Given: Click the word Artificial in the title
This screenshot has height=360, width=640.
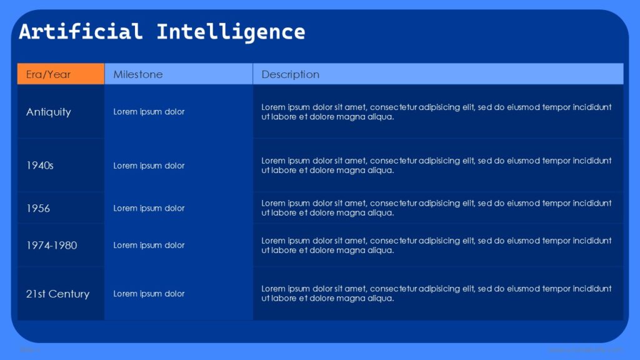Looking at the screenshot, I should (x=81, y=31).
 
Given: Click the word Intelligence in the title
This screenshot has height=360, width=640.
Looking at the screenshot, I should (x=231, y=31).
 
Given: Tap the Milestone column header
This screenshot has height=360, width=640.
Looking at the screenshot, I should (x=138, y=74).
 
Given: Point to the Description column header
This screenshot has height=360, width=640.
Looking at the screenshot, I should (x=290, y=74).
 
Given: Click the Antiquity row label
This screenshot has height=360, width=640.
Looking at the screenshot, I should (x=49, y=112).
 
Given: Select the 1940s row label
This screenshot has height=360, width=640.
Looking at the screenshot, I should (x=40, y=166).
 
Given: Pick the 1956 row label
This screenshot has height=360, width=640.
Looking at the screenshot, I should (x=38, y=208).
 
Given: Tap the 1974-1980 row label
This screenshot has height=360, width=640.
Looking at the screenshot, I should (x=52, y=245).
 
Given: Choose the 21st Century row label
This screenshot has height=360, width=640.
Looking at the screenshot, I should (x=57, y=294).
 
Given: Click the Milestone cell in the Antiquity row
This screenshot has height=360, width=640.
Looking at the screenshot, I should (x=149, y=112).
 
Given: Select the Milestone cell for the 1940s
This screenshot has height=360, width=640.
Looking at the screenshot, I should (x=149, y=166).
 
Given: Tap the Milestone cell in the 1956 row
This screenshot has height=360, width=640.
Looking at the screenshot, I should (x=149, y=208).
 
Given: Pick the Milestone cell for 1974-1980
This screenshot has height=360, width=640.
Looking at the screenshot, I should (x=149, y=245).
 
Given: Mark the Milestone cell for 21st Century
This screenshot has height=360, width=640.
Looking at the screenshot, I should (x=149, y=294).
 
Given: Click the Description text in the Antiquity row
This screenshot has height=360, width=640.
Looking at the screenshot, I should (x=436, y=112).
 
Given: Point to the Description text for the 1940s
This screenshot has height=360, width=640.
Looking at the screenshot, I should (x=436, y=166).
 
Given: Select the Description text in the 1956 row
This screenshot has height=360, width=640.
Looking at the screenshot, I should (x=436, y=208).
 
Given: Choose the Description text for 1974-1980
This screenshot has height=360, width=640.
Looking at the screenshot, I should (x=436, y=245).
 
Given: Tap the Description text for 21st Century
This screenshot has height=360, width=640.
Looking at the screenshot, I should (x=436, y=294).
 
